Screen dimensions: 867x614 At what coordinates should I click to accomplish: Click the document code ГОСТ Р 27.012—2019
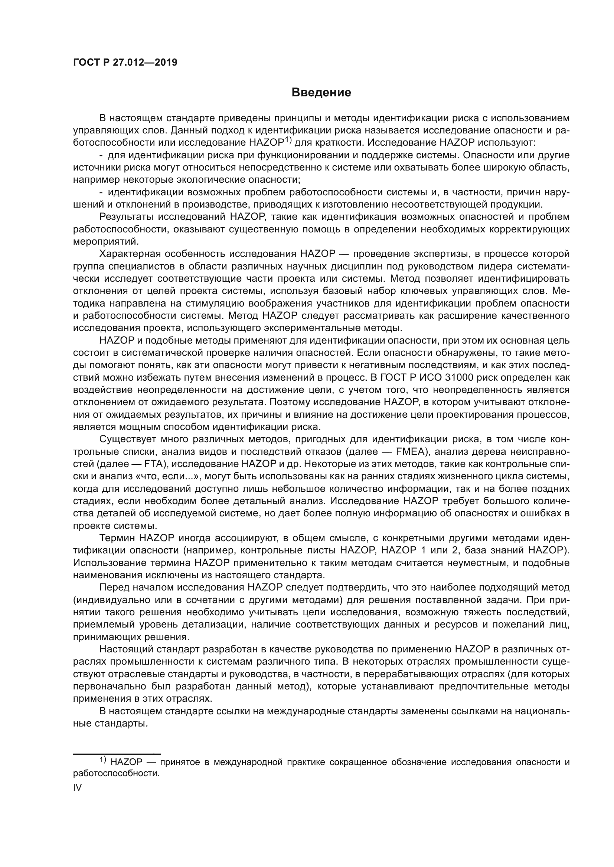point(125,63)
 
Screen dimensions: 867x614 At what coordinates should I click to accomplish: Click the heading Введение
point(321,93)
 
